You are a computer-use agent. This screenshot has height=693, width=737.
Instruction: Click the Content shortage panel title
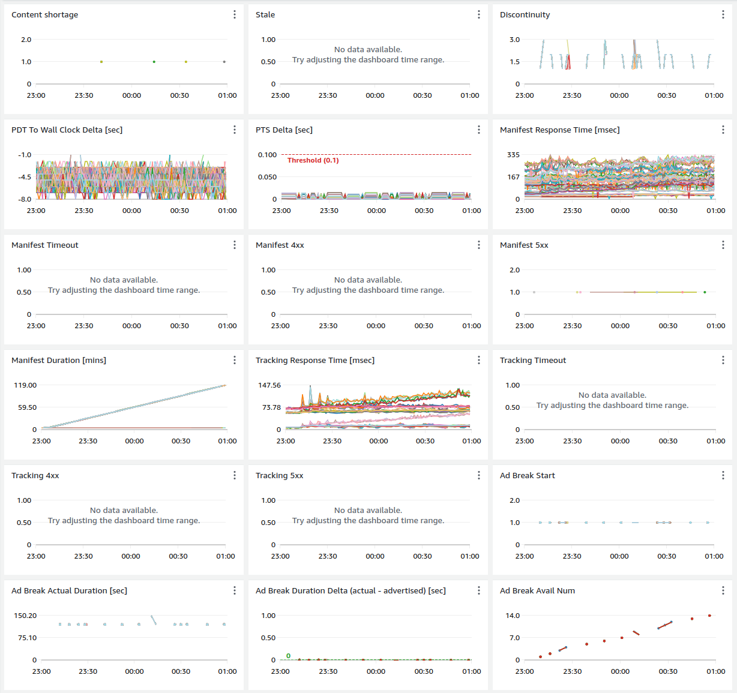[x=44, y=14]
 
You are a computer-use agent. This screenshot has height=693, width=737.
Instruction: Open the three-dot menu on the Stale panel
[x=478, y=14]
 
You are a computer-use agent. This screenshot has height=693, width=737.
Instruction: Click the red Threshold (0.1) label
[x=313, y=160]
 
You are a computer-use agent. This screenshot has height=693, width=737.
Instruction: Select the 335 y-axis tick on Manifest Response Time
[x=513, y=155]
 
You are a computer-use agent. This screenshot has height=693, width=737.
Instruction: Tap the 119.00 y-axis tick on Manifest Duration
[x=25, y=385]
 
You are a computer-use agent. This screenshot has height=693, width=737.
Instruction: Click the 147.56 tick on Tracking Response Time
[x=269, y=385]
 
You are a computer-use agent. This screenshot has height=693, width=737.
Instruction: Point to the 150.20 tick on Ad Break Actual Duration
[x=25, y=616]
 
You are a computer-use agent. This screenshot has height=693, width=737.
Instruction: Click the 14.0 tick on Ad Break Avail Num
[x=513, y=616]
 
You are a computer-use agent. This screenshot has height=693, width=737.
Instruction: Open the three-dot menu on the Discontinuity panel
[x=723, y=14]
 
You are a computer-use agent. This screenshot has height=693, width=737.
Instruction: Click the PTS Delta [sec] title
[x=284, y=130]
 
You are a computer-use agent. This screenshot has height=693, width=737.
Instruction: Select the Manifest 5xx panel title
[x=524, y=245]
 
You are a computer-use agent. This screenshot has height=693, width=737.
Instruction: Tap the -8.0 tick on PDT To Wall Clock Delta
[x=25, y=199]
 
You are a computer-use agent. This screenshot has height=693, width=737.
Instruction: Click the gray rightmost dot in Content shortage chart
[x=224, y=62]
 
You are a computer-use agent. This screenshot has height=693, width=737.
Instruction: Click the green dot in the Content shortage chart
[x=154, y=62]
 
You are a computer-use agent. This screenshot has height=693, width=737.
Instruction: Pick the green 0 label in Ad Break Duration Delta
[x=288, y=656]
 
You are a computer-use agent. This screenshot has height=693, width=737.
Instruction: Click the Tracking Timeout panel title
[x=533, y=360]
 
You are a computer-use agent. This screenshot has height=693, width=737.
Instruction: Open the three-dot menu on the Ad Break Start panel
[x=723, y=475]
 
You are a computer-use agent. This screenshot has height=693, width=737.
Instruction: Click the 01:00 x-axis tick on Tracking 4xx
[x=226, y=556]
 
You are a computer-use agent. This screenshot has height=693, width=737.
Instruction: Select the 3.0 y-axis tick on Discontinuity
[x=514, y=40]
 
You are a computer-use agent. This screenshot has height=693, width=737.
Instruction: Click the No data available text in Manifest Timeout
[x=124, y=280]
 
